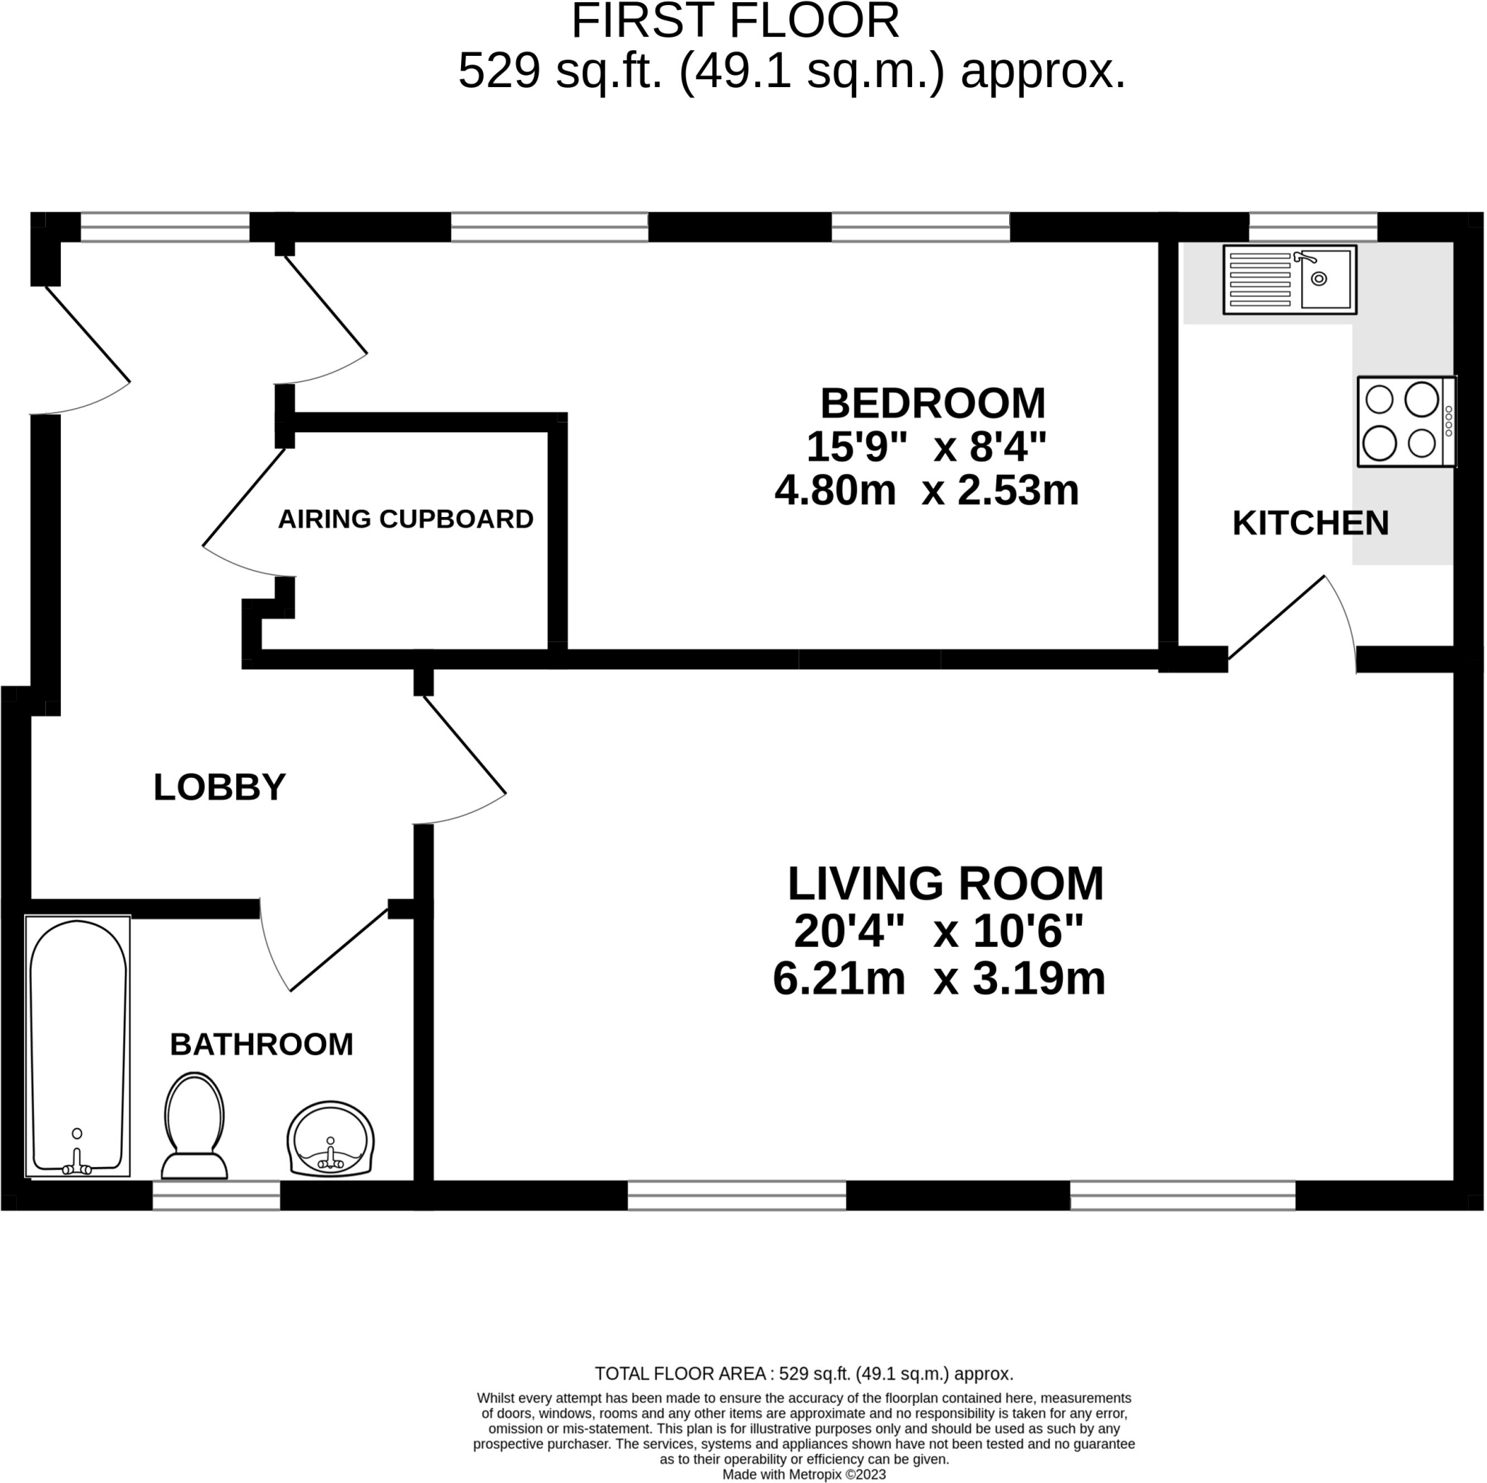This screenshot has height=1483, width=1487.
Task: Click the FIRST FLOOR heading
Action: (735, 22)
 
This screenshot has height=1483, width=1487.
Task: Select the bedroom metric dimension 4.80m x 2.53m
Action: (926, 490)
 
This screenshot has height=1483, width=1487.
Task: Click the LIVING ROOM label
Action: (945, 883)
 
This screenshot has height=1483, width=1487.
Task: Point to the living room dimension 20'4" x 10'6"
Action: (938, 932)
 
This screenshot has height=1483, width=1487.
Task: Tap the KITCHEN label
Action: (1310, 524)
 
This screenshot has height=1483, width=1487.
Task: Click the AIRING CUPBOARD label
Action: (406, 519)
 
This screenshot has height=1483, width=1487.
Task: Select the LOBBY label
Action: (219, 787)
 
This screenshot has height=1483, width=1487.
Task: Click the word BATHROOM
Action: (261, 1045)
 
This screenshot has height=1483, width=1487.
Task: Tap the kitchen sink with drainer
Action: (1290, 280)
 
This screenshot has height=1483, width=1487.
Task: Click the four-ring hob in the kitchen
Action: (1406, 421)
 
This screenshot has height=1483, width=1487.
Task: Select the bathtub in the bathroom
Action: (78, 1047)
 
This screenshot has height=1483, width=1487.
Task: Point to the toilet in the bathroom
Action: (195, 1126)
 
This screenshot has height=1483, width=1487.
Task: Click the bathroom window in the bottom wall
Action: (216, 1198)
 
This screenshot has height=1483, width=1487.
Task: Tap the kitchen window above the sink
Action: (1312, 228)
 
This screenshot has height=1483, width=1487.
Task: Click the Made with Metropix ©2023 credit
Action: (804, 1474)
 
